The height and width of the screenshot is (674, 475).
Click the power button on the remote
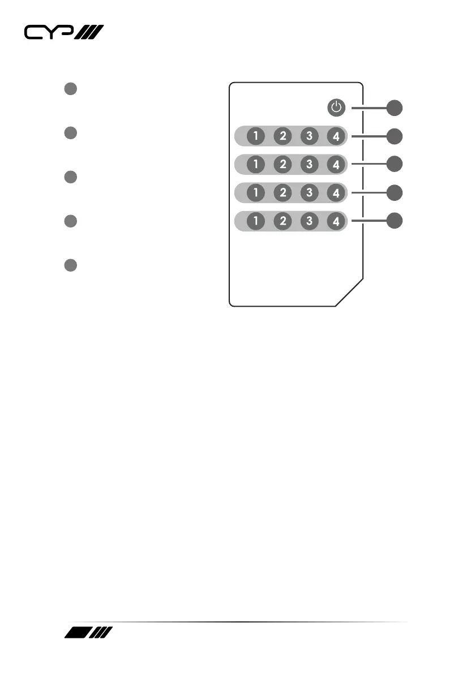click(x=336, y=107)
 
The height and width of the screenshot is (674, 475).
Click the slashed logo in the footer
click(x=89, y=633)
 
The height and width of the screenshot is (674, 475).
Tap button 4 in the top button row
click(x=336, y=136)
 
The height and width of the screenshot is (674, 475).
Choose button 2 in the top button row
click(x=283, y=136)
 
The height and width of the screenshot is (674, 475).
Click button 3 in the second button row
click(x=310, y=164)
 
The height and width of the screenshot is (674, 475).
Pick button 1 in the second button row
click(x=256, y=164)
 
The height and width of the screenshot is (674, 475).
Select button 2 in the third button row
click(x=283, y=192)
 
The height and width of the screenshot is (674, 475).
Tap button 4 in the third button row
click(x=336, y=192)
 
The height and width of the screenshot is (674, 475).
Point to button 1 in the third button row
click(x=256, y=192)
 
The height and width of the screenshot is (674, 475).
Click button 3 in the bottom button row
click(x=310, y=221)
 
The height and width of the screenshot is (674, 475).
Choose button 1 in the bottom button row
click(x=256, y=221)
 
